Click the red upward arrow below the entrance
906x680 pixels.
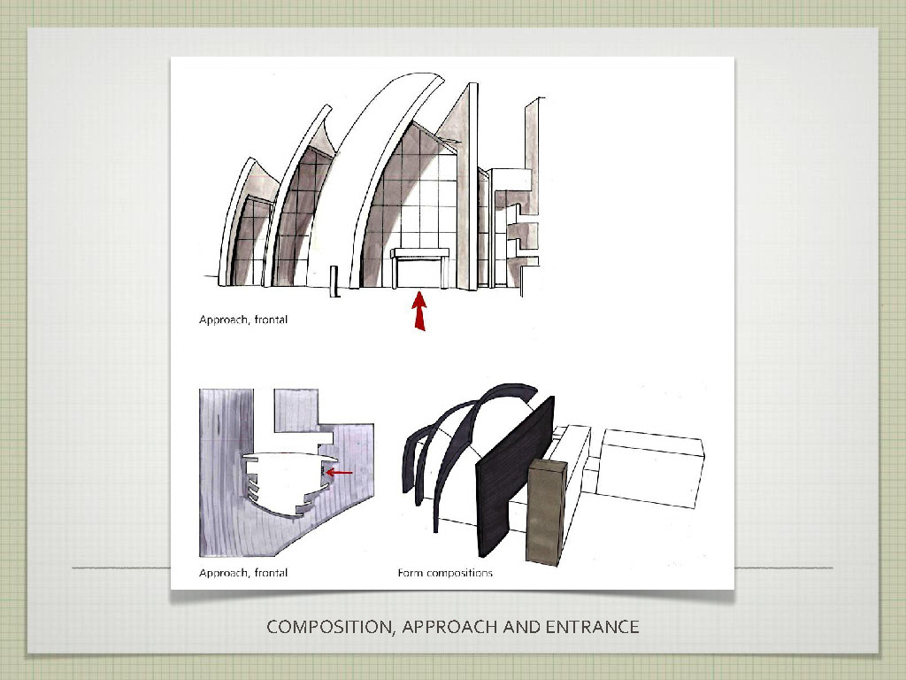[x=420, y=311]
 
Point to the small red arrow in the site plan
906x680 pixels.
[x=339, y=473]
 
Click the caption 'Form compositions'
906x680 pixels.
[x=445, y=573]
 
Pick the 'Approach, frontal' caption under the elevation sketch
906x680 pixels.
[x=243, y=319]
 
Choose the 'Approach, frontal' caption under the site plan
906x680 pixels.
[x=243, y=573]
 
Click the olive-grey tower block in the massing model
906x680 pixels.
[x=546, y=512]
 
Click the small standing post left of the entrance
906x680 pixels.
[x=334, y=282]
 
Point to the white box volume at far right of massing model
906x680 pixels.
[x=650, y=468]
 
